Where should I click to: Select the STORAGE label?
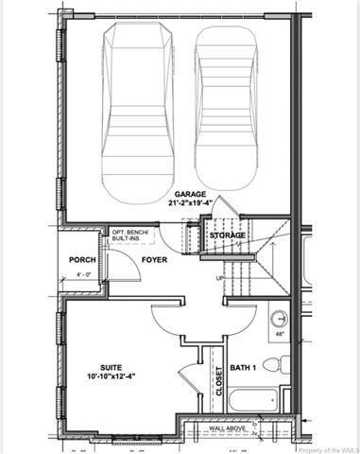[x=228, y=235]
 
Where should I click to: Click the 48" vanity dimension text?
[x=278, y=335]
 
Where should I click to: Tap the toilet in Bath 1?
[x=274, y=364]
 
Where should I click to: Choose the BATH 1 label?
[x=245, y=368]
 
